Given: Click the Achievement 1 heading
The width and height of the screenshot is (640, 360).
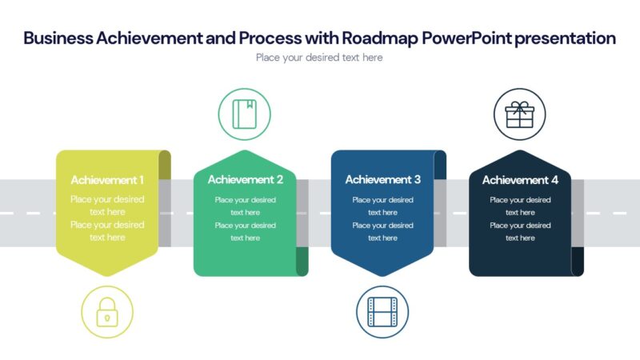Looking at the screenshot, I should pyautogui.click(x=107, y=180).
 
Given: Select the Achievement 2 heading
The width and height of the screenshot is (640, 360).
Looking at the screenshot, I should pyautogui.click(x=245, y=180).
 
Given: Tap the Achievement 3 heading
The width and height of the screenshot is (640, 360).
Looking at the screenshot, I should pyautogui.click(x=382, y=180).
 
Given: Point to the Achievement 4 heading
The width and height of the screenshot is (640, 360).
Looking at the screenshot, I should pyautogui.click(x=520, y=180).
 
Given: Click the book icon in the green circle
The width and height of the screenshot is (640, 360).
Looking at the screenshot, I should pyautogui.click(x=244, y=114).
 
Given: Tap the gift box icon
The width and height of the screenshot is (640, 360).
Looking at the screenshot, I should pyautogui.click(x=520, y=114).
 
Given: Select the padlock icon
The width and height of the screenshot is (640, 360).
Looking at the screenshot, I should pyautogui.click(x=107, y=312).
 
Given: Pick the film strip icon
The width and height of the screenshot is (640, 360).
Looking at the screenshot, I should pyautogui.click(x=382, y=312).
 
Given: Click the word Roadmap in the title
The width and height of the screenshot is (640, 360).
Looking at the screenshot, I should pyautogui.click(x=374, y=38).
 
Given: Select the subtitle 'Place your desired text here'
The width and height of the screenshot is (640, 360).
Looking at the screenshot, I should pyautogui.click(x=319, y=58).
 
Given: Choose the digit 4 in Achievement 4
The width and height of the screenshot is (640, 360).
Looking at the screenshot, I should pyautogui.click(x=554, y=180).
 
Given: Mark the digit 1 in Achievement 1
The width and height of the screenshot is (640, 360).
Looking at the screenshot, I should pyautogui.click(x=142, y=180).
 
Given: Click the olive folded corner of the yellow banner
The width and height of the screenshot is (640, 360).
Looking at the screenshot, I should pyautogui.click(x=164, y=164).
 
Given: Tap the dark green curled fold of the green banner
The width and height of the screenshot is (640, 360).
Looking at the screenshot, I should pyautogui.click(x=302, y=262).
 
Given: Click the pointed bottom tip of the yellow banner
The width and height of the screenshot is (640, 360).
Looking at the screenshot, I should pyautogui.click(x=107, y=274).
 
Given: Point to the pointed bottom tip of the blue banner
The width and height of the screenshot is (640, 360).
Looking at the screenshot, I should pyautogui.click(x=382, y=274).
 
